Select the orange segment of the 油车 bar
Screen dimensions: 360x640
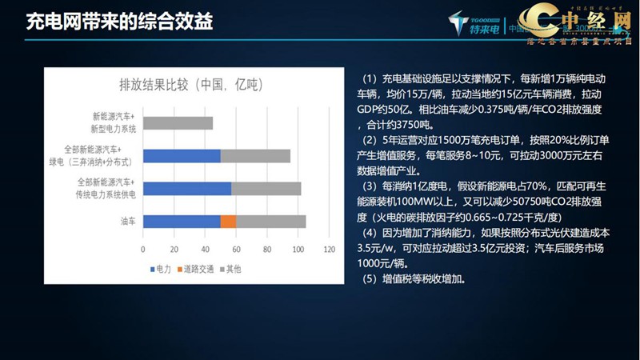[228, 222]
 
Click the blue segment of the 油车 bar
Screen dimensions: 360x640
[181, 222]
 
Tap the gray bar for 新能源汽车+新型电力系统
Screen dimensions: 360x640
[178, 123]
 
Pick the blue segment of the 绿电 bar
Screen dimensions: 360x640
[181, 155]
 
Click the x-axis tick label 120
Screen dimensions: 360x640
[329, 250]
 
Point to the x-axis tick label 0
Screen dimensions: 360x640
[142, 250]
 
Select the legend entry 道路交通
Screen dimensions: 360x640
[199, 269]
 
